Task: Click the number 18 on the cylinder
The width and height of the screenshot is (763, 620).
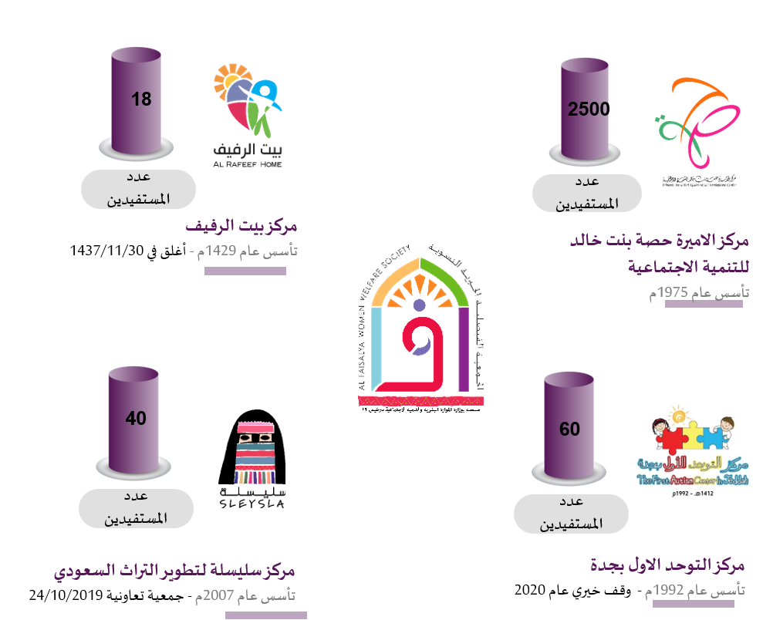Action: tap(141, 99)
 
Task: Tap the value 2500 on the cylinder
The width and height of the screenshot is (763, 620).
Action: tap(588, 110)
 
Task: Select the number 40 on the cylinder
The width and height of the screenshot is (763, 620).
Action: tap(136, 418)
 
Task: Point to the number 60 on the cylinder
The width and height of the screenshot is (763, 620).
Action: tap(569, 429)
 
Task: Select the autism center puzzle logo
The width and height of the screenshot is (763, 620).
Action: tap(692, 448)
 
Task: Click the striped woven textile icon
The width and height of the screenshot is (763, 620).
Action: tap(255, 453)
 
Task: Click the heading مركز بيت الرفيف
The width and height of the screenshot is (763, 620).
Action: tap(241, 227)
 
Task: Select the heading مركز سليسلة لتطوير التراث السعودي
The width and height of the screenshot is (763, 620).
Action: tap(174, 572)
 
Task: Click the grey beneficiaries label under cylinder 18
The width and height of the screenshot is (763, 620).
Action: tap(138, 189)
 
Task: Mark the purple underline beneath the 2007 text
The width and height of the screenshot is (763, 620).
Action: tap(265, 615)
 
